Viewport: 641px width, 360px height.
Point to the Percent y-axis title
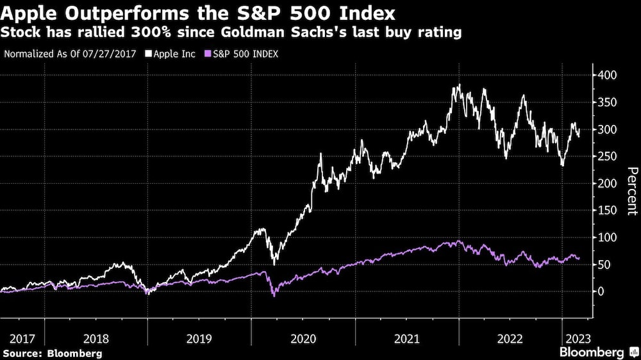click(632, 191)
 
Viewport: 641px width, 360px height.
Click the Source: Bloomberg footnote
click(51, 353)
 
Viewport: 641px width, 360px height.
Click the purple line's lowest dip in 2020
click(274, 296)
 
